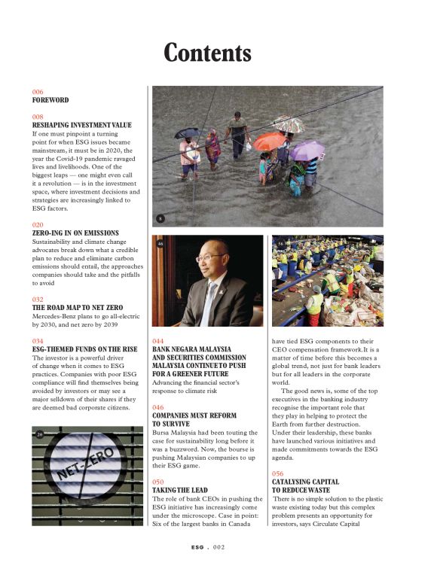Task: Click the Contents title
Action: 207,53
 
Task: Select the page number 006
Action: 38,92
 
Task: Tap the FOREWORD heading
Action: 50,100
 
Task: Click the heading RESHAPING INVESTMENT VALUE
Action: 81,125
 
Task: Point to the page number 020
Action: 38,225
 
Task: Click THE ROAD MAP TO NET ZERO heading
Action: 80,309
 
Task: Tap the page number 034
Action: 38,341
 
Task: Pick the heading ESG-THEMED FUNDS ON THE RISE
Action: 84,349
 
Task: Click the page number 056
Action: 278,473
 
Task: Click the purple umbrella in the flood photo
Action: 308,151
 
